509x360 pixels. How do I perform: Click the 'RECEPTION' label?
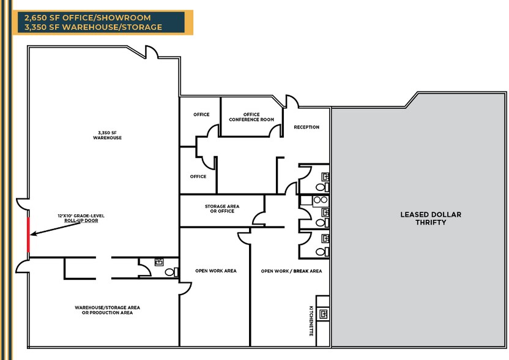(x=307, y=127)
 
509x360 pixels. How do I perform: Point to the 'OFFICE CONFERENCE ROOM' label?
(x=251, y=117)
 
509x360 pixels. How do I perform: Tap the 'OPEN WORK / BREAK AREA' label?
(x=291, y=271)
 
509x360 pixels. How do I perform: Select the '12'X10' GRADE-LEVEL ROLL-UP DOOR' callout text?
(x=78, y=218)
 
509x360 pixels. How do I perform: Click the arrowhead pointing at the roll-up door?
(x=35, y=234)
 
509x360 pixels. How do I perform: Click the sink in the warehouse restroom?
(x=160, y=261)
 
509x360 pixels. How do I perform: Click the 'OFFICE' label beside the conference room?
(x=201, y=114)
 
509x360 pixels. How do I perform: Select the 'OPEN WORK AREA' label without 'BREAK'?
(x=215, y=271)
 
